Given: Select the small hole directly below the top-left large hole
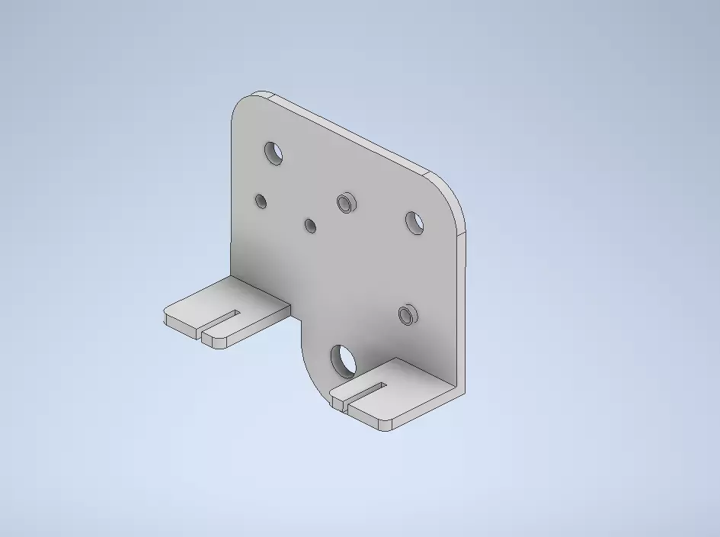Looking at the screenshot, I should click(x=261, y=201).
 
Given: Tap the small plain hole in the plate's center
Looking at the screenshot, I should click(x=310, y=226).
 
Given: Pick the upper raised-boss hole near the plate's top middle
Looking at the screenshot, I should click(x=346, y=203).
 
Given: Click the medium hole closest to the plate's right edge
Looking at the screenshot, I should click(x=414, y=223).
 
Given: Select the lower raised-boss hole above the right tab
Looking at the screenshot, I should click(x=408, y=314).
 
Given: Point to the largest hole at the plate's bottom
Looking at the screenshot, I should click(x=344, y=360).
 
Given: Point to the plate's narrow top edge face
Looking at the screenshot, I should click(x=350, y=133).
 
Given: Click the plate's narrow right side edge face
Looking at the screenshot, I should click(x=462, y=305).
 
